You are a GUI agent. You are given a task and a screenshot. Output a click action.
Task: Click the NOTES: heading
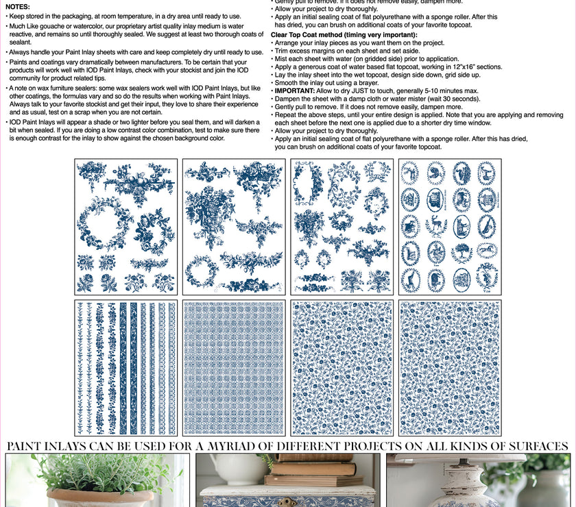click(x=18, y=6)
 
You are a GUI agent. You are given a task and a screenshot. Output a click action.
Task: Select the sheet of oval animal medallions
click(x=450, y=227)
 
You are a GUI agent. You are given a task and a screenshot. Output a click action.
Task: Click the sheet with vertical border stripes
click(x=126, y=368)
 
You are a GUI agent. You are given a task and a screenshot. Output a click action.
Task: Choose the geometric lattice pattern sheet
click(x=234, y=368)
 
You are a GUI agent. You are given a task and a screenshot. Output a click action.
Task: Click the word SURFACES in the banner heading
click(x=531, y=447)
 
